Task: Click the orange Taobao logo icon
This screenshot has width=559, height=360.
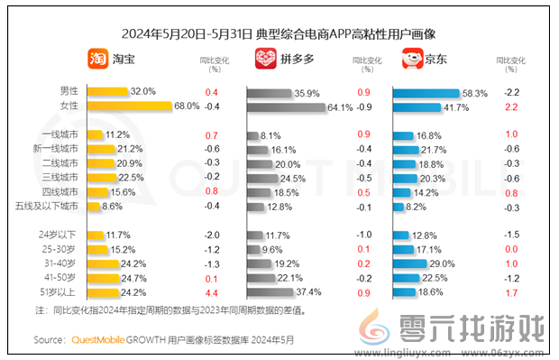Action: pos(96,60)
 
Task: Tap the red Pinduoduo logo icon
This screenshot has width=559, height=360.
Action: pos(265,60)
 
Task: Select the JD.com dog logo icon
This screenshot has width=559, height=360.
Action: pos(412,60)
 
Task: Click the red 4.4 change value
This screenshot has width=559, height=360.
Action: pos(212,292)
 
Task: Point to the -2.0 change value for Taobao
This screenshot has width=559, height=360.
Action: pos(212,235)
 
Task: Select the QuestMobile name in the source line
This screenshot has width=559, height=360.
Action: pos(102,340)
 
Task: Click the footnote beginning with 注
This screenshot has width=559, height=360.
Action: pos(170,309)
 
